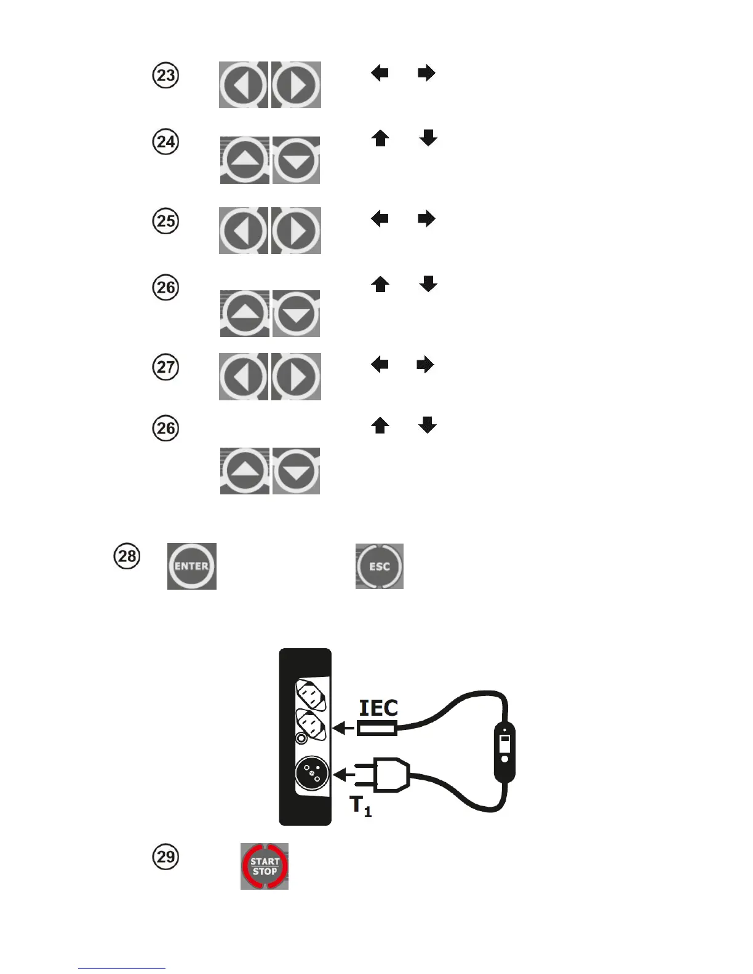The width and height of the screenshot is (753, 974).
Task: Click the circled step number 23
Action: pyautogui.click(x=165, y=76)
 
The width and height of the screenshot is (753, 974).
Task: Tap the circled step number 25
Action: pyautogui.click(x=165, y=221)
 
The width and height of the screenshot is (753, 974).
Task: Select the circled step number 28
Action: pyautogui.click(x=127, y=556)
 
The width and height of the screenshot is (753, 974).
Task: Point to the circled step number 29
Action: pyautogui.click(x=165, y=857)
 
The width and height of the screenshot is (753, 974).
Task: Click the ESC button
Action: pyautogui.click(x=380, y=566)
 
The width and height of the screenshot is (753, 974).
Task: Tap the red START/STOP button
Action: pyautogui.click(x=265, y=866)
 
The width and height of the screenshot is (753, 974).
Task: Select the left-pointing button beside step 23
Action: pyautogui.click(x=243, y=85)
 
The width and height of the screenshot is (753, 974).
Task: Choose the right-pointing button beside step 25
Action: pyautogui.click(x=297, y=231)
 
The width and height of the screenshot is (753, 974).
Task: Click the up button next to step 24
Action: pyautogui.click(x=245, y=160)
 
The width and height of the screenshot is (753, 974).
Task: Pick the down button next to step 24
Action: pyautogui.click(x=297, y=160)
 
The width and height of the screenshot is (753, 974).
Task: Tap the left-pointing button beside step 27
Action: pyautogui.click(x=243, y=376)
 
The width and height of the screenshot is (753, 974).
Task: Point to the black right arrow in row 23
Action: pyautogui.click(x=426, y=74)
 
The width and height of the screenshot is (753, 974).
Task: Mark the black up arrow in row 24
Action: pyautogui.click(x=380, y=139)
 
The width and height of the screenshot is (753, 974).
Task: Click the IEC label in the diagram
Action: pyautogui.click(x=378, y=708)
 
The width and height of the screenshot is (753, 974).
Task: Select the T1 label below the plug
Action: pyautogui.click(x=361, y=806)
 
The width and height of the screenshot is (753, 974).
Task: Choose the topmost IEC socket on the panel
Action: pyautogui.click(x=311, y=694)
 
